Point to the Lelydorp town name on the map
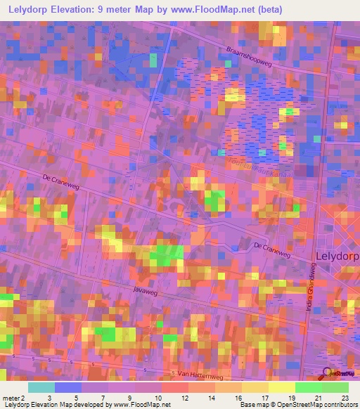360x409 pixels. (337, 257)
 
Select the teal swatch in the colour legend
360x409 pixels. (41, 387)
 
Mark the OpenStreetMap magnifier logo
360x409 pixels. (328, 375)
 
